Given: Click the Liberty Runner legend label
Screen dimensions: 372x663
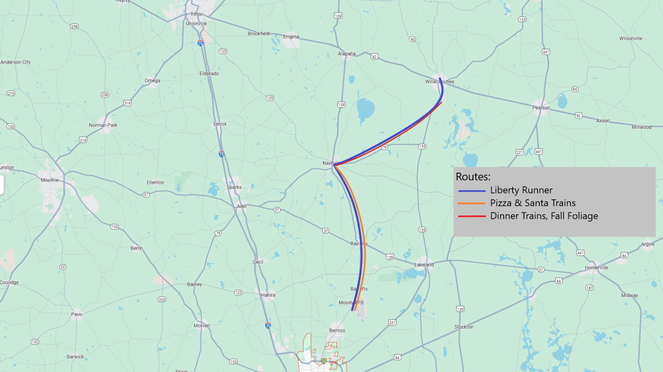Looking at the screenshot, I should [x=521, y=190].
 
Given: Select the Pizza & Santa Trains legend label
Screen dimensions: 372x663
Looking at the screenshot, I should [x=533, y=203].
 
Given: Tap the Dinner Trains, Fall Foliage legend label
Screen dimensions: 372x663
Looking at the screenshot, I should [x=544, y=216].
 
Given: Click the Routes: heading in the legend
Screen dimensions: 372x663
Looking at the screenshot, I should [x=473, y=177].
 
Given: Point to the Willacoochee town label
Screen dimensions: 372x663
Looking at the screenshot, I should [x=439, y=81].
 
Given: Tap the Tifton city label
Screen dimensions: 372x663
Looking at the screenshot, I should [x=197, y=14].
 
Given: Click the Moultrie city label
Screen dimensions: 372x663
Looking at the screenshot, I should [x=50, y=180].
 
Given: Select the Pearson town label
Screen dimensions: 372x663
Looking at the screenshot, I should [x=541, y=108].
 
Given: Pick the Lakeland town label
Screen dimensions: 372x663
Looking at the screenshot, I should [x=424, y=265].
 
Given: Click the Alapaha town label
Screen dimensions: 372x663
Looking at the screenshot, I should [x=346, y=54].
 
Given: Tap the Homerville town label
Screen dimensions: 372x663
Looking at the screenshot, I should [x=596, y=268].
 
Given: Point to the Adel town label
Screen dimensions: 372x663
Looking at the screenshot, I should [x=241, y=207].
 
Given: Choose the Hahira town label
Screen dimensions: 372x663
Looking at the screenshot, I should [x=268, y=295].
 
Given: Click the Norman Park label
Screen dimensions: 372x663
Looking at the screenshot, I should [x=103, y=125].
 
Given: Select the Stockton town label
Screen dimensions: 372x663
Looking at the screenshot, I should [x=463, y=327].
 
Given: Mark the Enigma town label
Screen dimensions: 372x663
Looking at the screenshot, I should [x=291, y=37].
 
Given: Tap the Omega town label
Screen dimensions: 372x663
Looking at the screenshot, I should [x=152, y=81].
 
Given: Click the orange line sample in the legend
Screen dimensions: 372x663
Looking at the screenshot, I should [x=471, y=204].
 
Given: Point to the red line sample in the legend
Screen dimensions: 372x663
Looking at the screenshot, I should [x=471, y=216].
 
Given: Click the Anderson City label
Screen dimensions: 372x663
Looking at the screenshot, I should [x=16, y=62].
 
